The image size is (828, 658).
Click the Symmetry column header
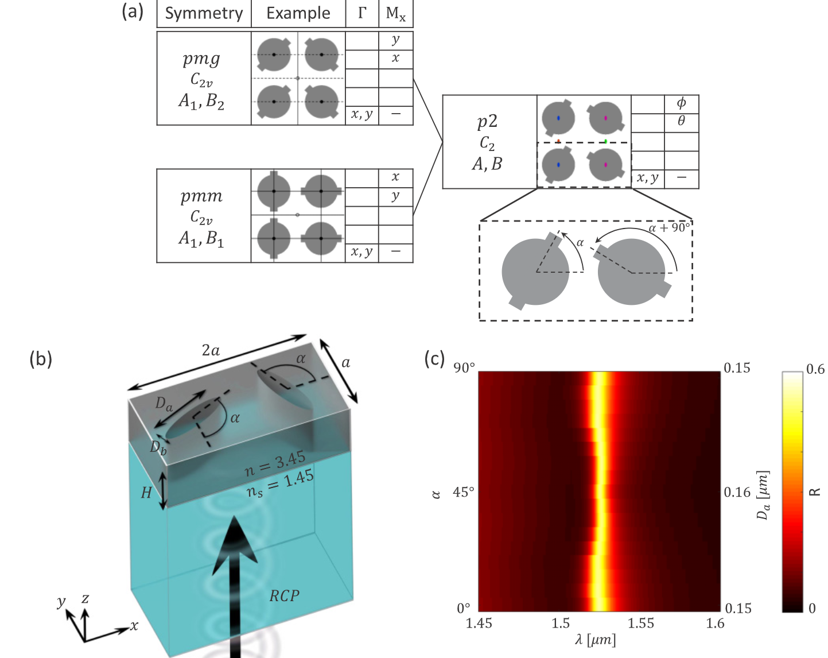pyautogui.click(x=204, y=13)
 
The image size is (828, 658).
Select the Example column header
pyautogui.click(x=298, y=13)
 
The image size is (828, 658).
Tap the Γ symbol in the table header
pyautogui.click(x=362, y=13)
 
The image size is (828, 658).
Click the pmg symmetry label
pyautogui.click(x=201, y=59)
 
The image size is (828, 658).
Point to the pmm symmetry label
pyautogui.click(x=201, y=196)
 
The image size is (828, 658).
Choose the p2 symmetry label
pyautogui.click(x=487, y=121)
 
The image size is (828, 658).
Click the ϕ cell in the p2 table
pyautogui.click(x=681, y=103)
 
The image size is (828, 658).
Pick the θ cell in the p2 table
pyautogui.click(x=681, y=122)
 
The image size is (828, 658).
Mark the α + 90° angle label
pyautogui.click(x=669, y=228)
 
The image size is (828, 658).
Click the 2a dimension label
pyautogui.click(x=211, y=350)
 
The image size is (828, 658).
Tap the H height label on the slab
pyautogui.click(x=146, y=492)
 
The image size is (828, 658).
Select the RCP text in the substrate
pyautogui.click(x=284, y=596)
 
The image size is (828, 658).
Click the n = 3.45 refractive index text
pyautogui.click(x=275, y=464)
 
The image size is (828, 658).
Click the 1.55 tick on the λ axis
pyautogui.click(x=640, y=624)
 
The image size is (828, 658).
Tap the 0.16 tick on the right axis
pyautogui.click(x=737, y=492)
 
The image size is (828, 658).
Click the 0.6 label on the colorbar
pyautogui.click(x=815, y=369)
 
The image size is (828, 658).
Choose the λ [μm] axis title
pyautogui.click(x=595, y=640)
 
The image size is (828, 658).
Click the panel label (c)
pyautogui.click(x=434, y=359)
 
